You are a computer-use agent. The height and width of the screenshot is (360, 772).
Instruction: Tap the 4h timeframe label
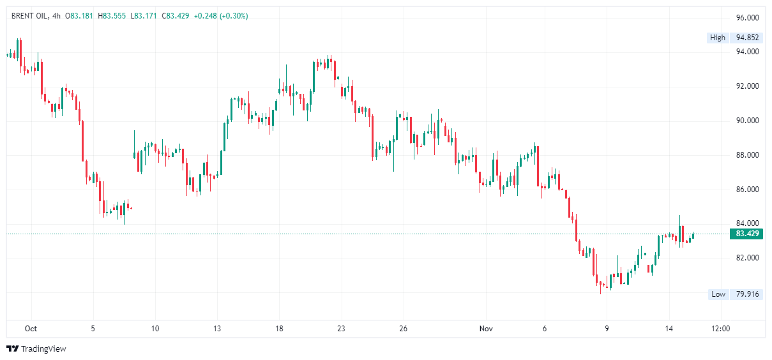click(x=56, y=16)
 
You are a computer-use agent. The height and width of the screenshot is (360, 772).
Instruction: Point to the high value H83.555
click(x=112, y=16)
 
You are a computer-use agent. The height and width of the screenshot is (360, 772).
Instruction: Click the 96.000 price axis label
click(x=747, y=17)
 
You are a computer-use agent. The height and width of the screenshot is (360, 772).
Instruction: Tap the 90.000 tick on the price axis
click(x=747, y=121)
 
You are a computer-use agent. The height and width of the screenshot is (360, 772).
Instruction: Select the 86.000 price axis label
click(x=747, y=190)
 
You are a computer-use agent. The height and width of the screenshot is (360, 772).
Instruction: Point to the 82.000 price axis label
click(x=747, y=258)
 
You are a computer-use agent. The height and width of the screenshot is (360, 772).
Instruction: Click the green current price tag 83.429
click(x=747, y=234)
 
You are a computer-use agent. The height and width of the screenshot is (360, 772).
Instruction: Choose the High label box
click(x=718, y=38)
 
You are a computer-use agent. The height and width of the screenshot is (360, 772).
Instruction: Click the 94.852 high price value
click(x=747, y=38)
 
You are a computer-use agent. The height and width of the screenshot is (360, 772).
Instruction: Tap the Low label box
click(x=718, y=294)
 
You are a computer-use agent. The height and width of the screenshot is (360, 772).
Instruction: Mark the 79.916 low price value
click(x=747, y=294)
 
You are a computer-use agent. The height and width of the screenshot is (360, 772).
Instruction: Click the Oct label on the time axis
click(x=31, y=329)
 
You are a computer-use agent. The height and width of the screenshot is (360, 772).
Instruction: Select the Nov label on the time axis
click(x=487, y=329)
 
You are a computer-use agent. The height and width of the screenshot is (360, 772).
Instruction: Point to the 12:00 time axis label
click(x=721, y=329)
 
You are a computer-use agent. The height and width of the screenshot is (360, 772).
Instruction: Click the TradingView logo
click(x=36, y=349)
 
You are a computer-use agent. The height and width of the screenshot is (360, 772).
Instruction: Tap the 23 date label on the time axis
click(x=341, y=329)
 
